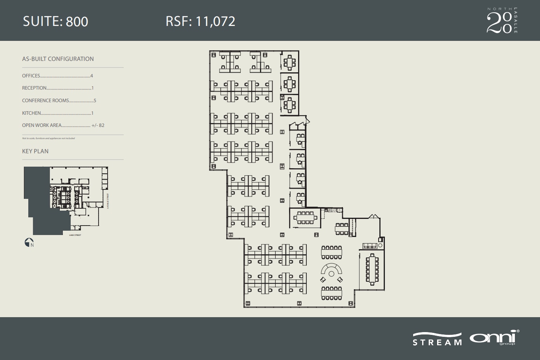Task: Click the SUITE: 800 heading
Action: tap(55, 21)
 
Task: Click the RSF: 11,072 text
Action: tap(200, 21)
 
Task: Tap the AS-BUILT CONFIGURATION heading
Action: tap(58, 59)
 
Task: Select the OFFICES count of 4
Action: tap(92, 76)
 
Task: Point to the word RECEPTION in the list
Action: tap(35, 88)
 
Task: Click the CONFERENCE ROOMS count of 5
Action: tap(95, 101)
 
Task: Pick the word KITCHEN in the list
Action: tap(31, 113)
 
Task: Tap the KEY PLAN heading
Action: tap(35, 151)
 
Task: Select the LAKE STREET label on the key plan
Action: tap(75, 235)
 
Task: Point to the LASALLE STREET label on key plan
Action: tap(108, 201)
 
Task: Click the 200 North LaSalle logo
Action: tap(502, 20)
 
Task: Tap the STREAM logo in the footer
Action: tap(437, 340)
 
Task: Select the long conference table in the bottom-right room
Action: tap(372, 269)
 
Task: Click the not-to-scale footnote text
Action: tap(48, 138)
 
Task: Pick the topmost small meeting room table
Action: tap(290, 62)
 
